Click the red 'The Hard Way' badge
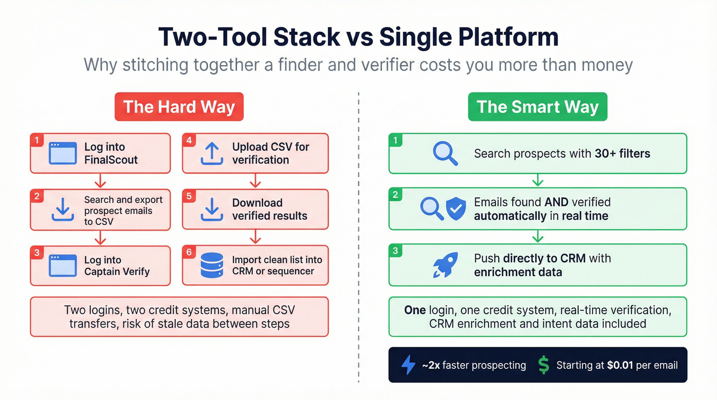point(179,107)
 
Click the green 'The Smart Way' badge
point(537,107)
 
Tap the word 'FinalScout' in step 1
point(111,160)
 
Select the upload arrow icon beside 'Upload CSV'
point(212,153)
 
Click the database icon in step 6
point(212,265)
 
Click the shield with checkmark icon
point(455,209)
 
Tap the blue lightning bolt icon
point(408,365)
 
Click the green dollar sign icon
point(544,365)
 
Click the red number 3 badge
point(36,252)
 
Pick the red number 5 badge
point(188,196)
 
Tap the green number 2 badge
point(395,194)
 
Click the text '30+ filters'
point(622,153)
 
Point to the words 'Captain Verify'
point(117,272)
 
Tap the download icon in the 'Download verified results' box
point(212,209)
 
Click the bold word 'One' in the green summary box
point(415,310)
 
